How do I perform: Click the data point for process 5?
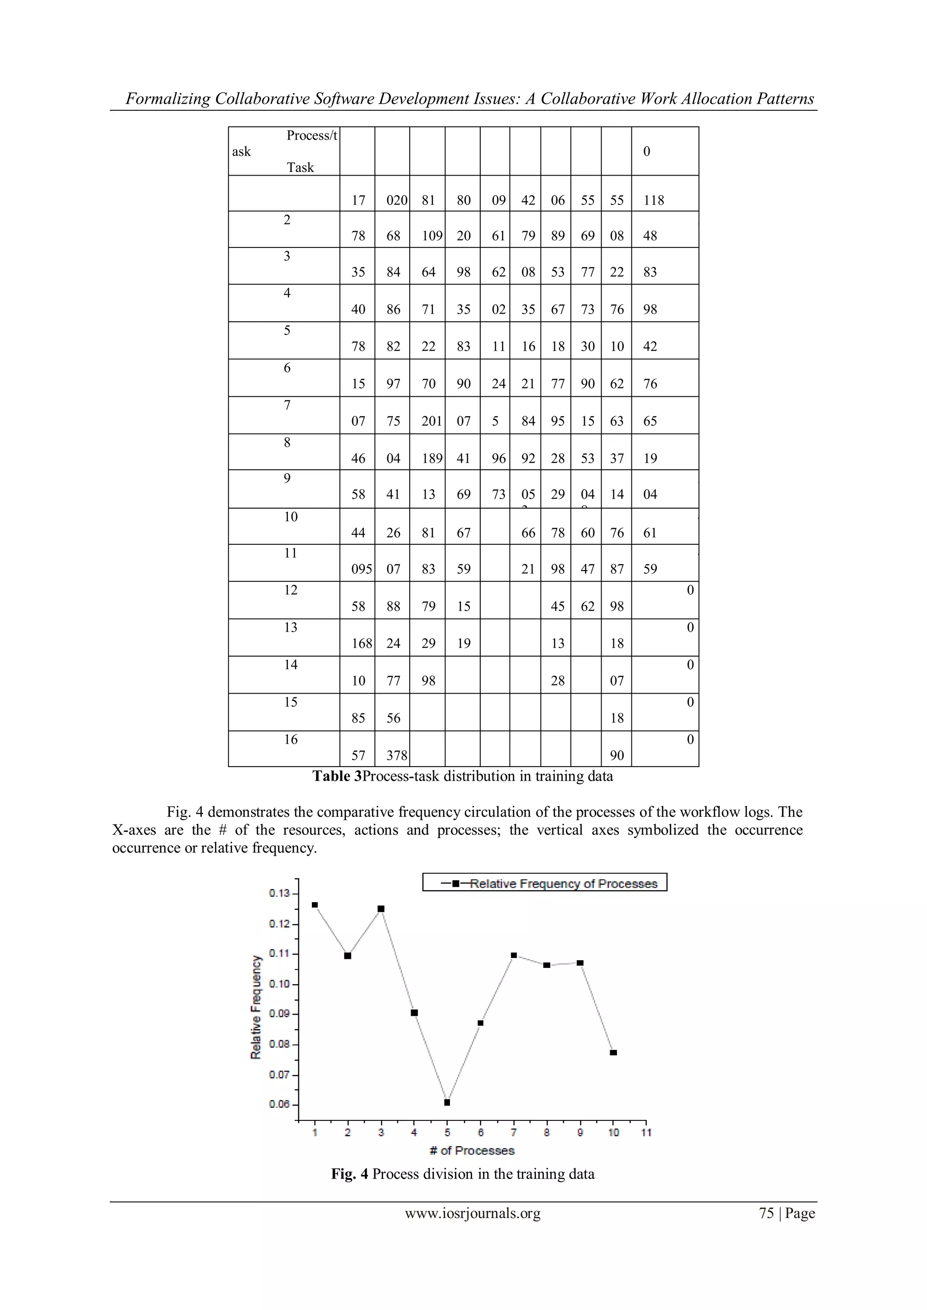[447, 1102]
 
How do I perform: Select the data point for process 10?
[613, 1053]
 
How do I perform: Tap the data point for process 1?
[315, 905]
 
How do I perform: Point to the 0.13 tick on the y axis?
[280, 893]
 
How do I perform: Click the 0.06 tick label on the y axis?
[280, 1104]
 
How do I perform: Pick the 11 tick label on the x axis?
[646, 1132]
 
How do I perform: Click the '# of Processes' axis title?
[472, 1151]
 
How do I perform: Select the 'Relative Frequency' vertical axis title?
[256, 1007]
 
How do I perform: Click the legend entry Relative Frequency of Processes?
[563, 884]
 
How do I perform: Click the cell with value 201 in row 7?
[431, 421]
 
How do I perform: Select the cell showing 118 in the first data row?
[654, 200]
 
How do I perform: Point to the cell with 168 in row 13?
[361, 643]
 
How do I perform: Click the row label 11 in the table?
[291, 553]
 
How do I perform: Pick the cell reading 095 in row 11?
[361, 569]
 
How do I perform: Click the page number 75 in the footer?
[766, 1214]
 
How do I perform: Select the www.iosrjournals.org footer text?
[473, 1214]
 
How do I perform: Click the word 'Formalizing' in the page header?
[168, 99]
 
